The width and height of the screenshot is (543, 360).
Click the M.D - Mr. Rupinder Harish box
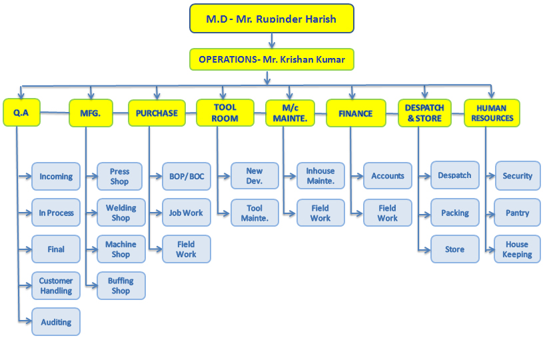point(272,19)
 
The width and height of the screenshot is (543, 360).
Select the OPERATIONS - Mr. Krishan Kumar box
point(272,59)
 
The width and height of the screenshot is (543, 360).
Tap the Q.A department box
point(21,112)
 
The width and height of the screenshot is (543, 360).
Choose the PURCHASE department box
point(157,113)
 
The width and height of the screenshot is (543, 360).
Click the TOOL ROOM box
point(225,113)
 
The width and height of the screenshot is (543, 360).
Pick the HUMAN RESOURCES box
point(492,113)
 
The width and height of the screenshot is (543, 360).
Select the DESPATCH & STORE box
point(424,113)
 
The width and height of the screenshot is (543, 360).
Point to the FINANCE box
point(356,113)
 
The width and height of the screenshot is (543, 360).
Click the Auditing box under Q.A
point(56,322)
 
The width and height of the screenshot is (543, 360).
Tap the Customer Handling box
point(56,285)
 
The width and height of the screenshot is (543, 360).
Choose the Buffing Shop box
point(121,285)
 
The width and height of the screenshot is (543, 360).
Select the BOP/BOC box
point(187,177)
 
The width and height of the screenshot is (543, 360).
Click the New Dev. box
point(255,176)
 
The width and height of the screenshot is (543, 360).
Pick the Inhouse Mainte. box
point(320,176)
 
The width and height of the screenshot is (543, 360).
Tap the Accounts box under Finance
point(388,176)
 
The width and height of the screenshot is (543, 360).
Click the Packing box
point(454,213)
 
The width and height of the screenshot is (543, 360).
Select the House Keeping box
point(517,249)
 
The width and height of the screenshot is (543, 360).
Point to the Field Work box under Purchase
point(187,249)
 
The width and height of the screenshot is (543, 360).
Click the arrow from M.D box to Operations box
point(272,41)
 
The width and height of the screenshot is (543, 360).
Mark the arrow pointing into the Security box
point(490,176)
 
